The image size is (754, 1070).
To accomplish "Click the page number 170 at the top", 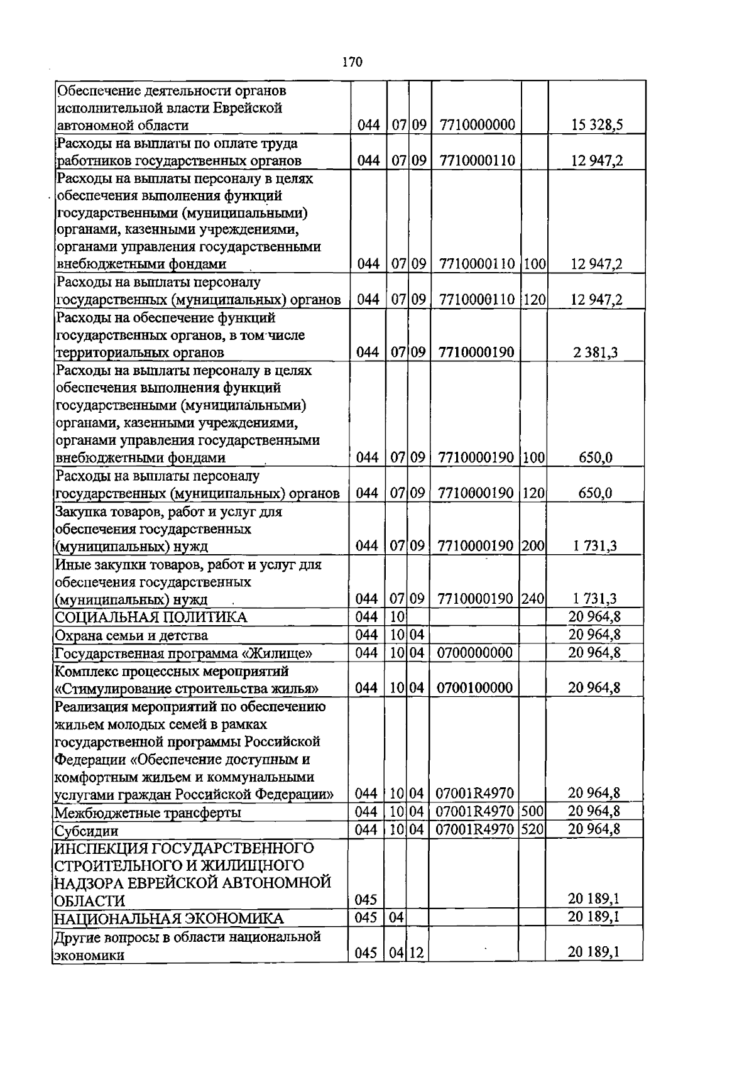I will (x=352, y=62).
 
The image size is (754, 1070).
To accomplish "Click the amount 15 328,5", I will (x=596, y=125).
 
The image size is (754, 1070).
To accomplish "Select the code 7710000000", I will (x=478, y=125).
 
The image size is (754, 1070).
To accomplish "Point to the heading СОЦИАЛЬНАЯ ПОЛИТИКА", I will (x=151, y=617).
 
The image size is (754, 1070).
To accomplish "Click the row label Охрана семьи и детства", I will (x=131, y=635).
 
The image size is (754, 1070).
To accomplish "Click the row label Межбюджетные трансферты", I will (x=148, y=813).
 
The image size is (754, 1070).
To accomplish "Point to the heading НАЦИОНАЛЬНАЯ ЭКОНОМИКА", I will (x=168, y=919).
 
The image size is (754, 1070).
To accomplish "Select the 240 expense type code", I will (x=533, y=599).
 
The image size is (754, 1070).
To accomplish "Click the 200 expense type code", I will (x=533, y=546).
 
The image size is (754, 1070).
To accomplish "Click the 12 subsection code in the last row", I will (x=417, y=953).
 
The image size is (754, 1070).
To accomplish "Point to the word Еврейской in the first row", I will (x=246, y=108).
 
